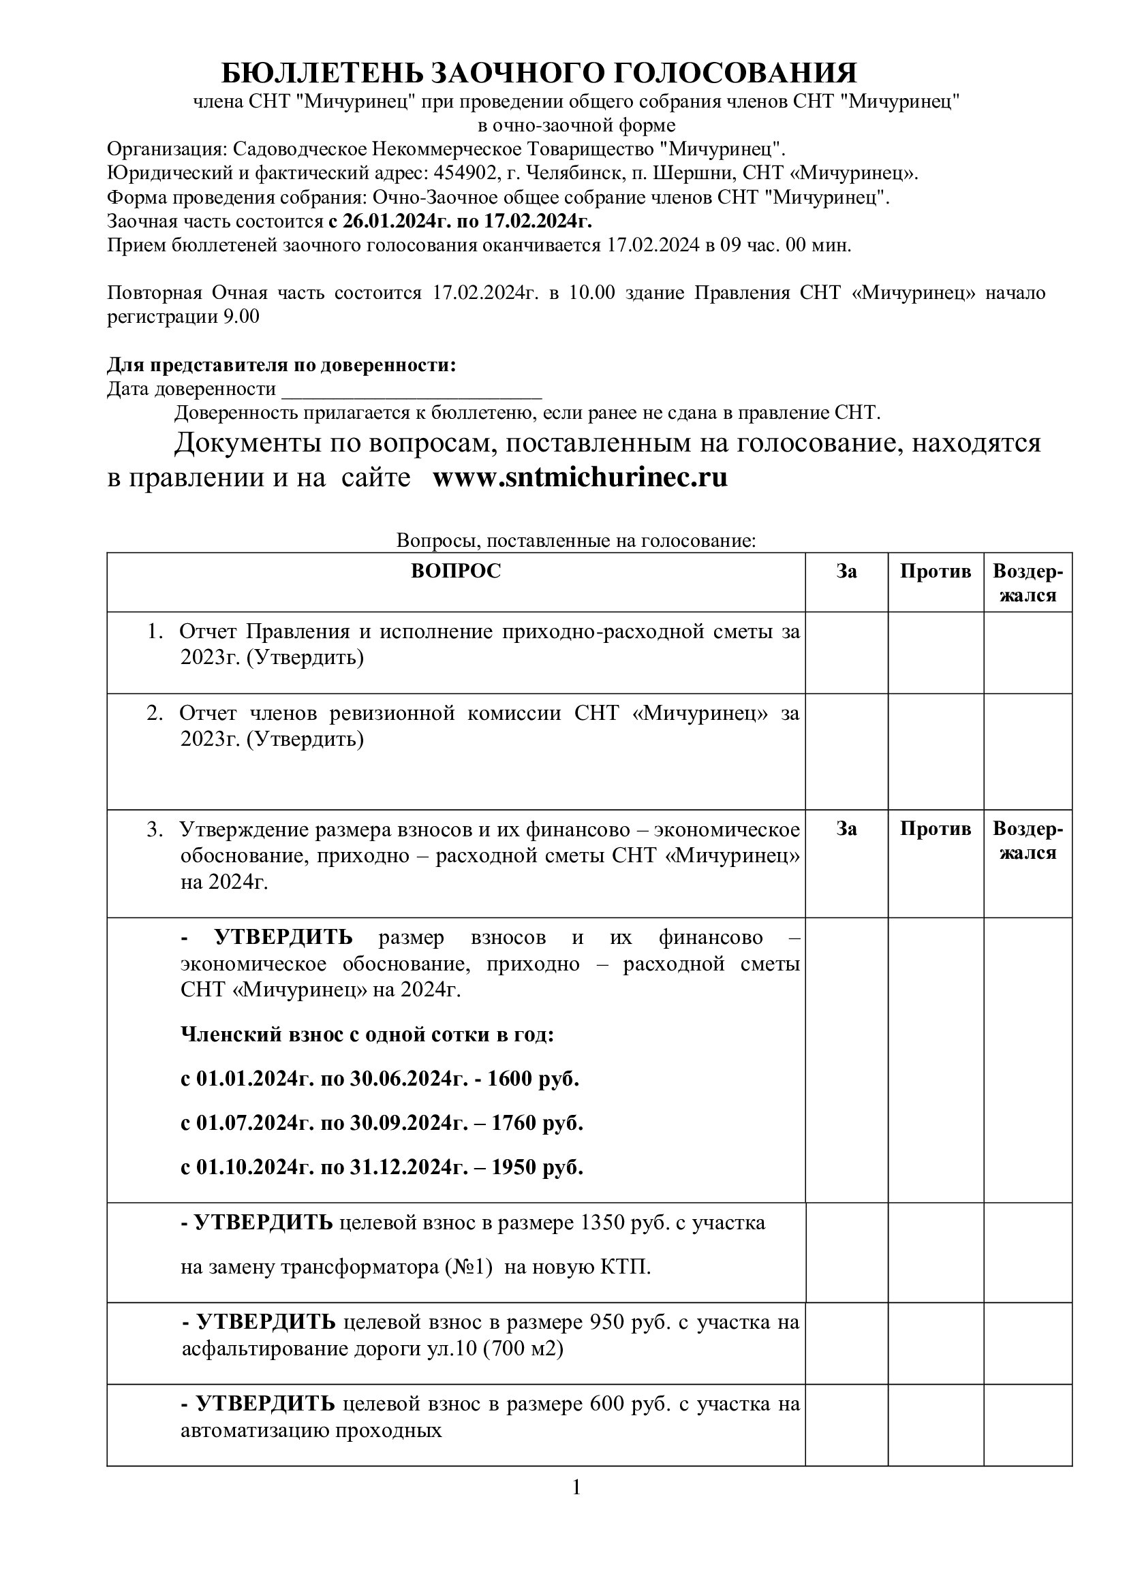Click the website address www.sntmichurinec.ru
(x=580, y=478)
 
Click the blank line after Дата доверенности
(x=411, y=390)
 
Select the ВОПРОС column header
(x=455, y=571)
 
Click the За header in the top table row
(x=846, y=571)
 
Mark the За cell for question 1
(x=846, y=652)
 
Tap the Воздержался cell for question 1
(x=1028, y=652)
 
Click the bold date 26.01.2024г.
(x=398, y=221)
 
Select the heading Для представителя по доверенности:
(x=281, y=365)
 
